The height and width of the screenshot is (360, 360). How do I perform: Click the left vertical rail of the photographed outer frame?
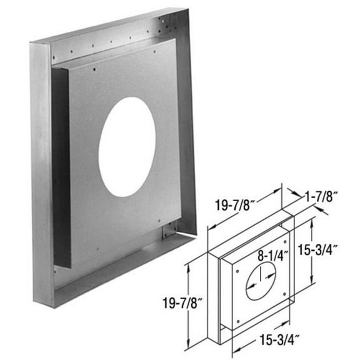pos(41,169)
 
